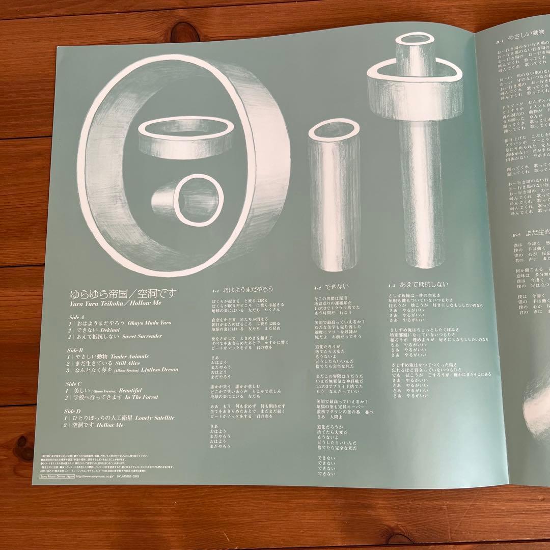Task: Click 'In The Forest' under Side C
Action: point(142,397)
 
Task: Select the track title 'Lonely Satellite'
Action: point(155,418)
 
